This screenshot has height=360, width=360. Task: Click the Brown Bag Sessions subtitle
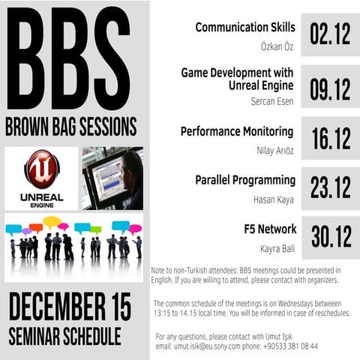click(71, 124)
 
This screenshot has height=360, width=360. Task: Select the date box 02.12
click(330, 35)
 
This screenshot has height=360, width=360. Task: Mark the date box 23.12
click(330, 187)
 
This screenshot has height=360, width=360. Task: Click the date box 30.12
click(330, 236)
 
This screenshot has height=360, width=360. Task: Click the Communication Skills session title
click(245, 28)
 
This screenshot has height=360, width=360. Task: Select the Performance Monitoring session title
click(238, 132)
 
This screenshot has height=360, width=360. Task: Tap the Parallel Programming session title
click(245, 181)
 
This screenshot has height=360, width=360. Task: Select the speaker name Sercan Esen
click(272, 101)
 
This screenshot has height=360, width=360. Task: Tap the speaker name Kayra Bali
click(277, 247)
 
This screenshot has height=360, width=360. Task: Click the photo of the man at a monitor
click(112, 178)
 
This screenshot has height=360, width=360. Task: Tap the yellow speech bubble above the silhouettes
click(52, 221)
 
